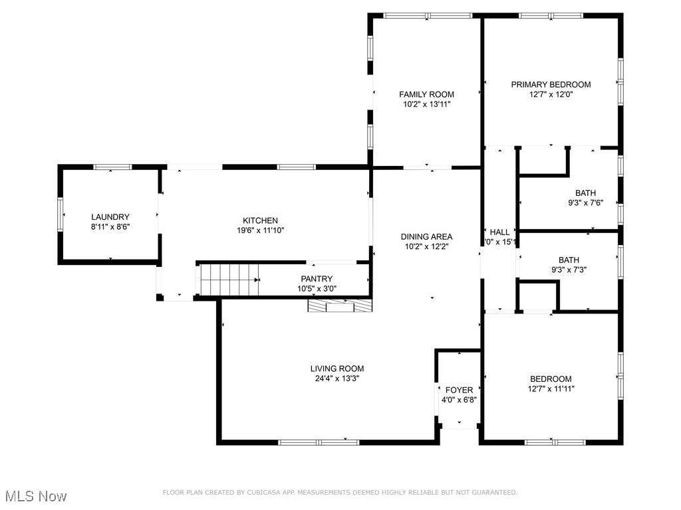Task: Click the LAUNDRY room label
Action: click(x=110, y=217)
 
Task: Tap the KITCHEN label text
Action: click(x=260, y=220)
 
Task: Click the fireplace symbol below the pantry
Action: click(x=340, y=305)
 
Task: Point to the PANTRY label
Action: click(x=317, y=279)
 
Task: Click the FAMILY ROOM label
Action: click(x=426, y=94)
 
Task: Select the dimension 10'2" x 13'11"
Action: click(x=426, y=104)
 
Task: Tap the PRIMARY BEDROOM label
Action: click(x=551, y=84)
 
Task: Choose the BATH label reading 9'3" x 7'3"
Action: click(x=569, y=260)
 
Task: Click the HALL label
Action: click(x=499, y=232)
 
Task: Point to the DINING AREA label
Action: click(x=426, y=236)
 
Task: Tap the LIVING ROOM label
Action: click(x=337, y=369)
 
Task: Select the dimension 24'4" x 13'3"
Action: click(x=337, y=379)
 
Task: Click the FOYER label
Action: click(x=459, y=390)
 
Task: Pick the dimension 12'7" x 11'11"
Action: click(x=551, y=389)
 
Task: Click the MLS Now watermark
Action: click(x=36, y=496)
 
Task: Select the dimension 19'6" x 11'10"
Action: click(x=260, y=230)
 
